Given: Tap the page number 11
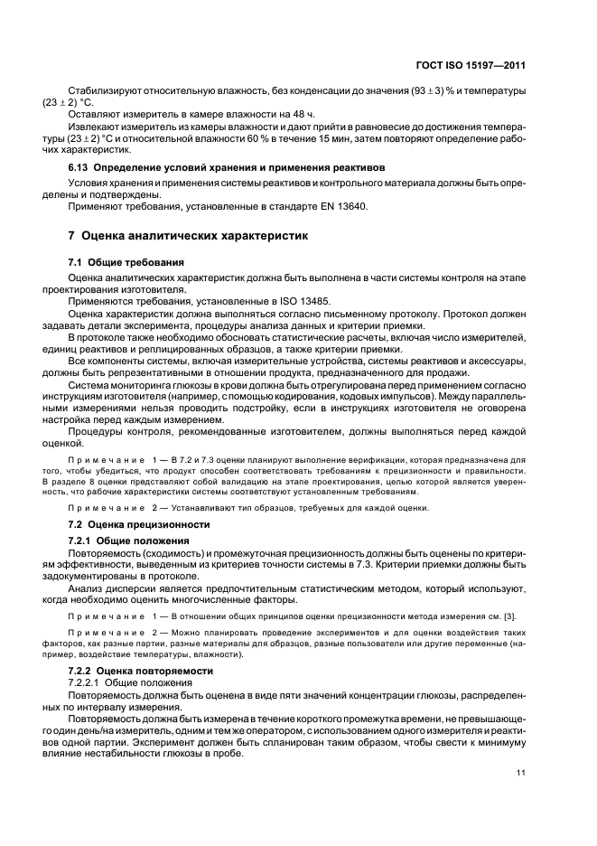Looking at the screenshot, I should [521, 771].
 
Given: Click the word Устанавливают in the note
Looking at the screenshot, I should [185, 507].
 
